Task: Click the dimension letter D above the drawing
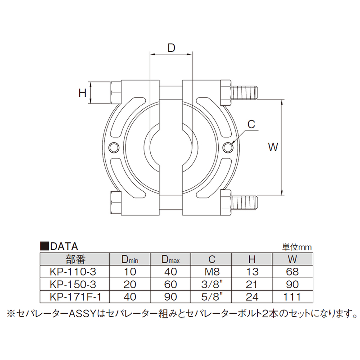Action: coord(171,48)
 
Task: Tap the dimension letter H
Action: coord(82,93)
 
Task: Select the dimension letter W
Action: coord(273,147)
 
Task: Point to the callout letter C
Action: coord(251,124)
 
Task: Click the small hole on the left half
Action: coord(114,147)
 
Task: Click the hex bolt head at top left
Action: coord(115,93)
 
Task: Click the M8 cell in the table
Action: coord(211,272)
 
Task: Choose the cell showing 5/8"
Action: coord(211,296)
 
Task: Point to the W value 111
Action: coord(292,296)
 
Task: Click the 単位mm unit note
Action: coord(296,247)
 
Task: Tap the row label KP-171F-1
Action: coord(74,296)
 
